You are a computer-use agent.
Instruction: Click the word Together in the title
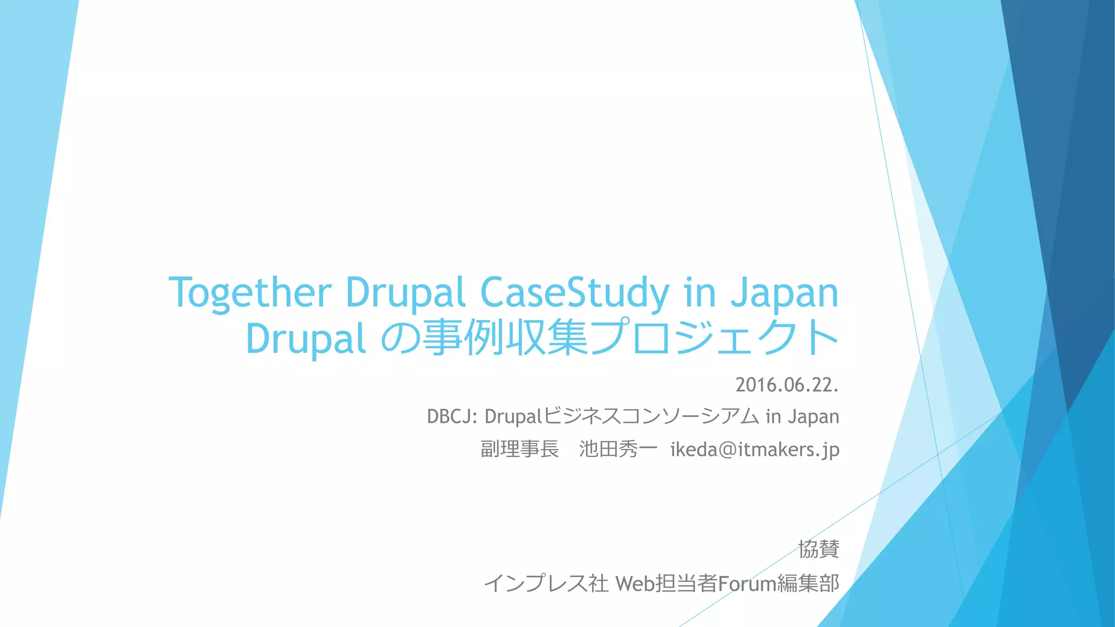pyautogui.click(x=250, y=293)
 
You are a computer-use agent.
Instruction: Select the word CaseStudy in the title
pyautogui.click(x=574, y=293)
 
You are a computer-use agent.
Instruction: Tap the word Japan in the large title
pyautogui.click(x=784, y=293)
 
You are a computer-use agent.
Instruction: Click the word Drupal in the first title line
pyautogui.click(x=405, y=293)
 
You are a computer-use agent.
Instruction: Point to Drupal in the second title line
pyautogui.click(x=305, y=339)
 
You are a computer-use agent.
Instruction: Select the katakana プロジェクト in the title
pyautogui.click(x=714, y=339)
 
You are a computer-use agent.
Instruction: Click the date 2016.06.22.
pyautogui.click(x=787, y=385)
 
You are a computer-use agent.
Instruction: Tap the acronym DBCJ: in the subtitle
pyautogui.click(x=452, y=416)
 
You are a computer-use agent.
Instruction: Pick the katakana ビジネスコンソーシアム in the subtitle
pyautogui.click(x=651, y=416)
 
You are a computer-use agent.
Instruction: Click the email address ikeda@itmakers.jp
pyautogui.click(x=755, y=449)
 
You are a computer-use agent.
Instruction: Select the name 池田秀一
pyautogui.click(x=618, y=449)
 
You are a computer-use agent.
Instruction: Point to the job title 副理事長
pyautogui.click(x=519, y=449)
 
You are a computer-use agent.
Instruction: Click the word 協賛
pyautogui.click(x=818, y=549)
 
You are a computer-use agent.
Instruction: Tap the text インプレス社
pyautogui.click(x=546, y=583)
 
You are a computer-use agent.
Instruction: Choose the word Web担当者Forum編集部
pyautogui.click(x=727, y=583)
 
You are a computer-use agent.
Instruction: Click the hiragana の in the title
pyautogui.click(x=400, y=339)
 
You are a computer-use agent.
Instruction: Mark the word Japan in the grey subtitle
pyautogui.click(x=812, y=417)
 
